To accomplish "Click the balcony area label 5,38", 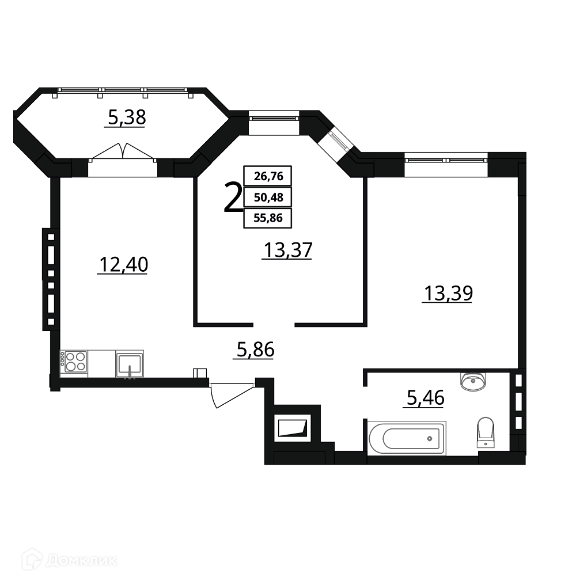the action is [x=127, y=117].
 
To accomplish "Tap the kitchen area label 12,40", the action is [x=124, y=264].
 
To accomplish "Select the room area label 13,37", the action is [x=288, y=250].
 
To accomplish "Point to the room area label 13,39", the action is [x=448, y=293].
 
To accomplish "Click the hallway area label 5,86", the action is [x=256, y=350].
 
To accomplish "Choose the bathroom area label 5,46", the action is [x=425, y=398].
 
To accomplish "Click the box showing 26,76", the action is [x=268, y=176].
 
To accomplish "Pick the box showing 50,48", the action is [x=268, y=197].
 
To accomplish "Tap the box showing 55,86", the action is [x=268, y=218].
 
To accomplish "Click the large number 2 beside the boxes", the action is [x=233, y=197].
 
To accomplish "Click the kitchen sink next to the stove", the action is [x=130, y=364].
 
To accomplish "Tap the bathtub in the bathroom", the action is [x=407, y=438].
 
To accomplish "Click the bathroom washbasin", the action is [x=473, y=381].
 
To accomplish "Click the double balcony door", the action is [x=123, y=152].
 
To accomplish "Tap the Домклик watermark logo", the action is [x=69, y=560].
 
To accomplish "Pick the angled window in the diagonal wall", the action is [x=339, y=142].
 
